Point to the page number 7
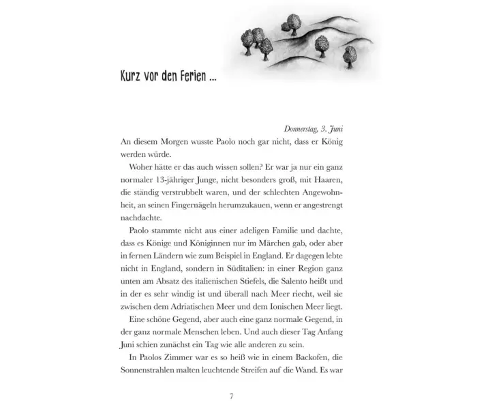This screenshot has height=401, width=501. [232, 395]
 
